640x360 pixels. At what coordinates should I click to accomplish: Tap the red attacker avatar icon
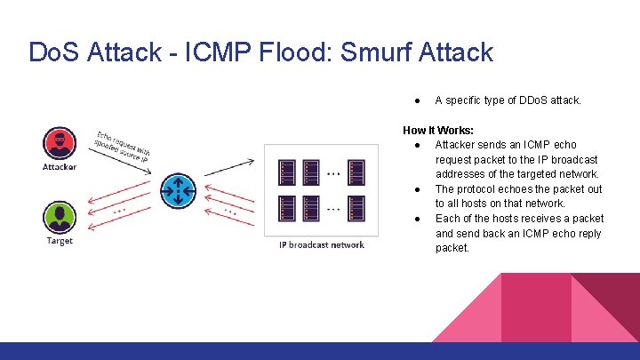click(60, 144)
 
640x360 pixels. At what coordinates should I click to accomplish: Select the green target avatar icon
click(60, 219)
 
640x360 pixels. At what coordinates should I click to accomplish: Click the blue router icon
click(179, 188)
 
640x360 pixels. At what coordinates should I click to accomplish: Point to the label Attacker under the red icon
click(60, 166)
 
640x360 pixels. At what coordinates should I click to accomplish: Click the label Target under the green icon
click(60, 241)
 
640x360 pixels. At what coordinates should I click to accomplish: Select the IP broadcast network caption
click(321, 245)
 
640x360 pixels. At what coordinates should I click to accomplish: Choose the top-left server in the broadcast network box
click(287, 172)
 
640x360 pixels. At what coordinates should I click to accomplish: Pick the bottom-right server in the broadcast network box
click(356, 208)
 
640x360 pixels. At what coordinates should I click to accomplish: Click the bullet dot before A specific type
click(417, 100)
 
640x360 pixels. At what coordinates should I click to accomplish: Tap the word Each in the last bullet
click(447, 219)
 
